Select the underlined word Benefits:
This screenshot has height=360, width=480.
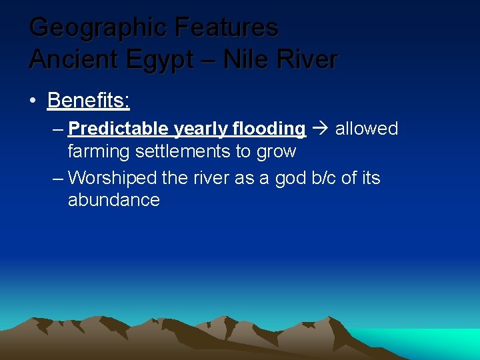[89, 101]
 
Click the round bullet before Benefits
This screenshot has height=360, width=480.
[33, 101]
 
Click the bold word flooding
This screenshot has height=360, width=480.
[269, 129]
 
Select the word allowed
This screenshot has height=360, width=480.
[366, 129]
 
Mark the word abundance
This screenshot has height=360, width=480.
[114, 200]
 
